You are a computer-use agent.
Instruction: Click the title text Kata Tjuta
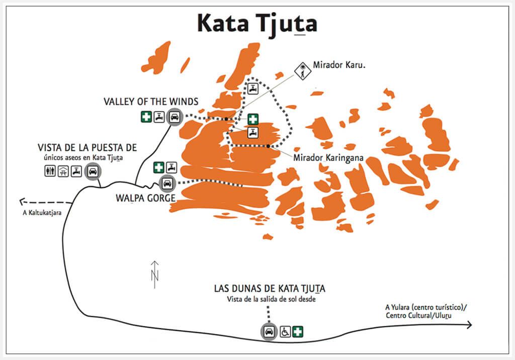pyautogui.click(x=256, y=23)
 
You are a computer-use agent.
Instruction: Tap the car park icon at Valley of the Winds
pyautogui.click(x=175, y=117)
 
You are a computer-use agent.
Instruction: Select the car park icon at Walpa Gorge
pyautogui.click(x=167, y=182)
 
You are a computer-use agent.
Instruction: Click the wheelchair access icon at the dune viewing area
pyautogui.click(x=285, y=331)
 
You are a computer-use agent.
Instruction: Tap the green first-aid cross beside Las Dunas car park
pyautogui.click(x=298, y=331)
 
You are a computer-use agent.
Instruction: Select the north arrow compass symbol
pyautogui.click(x=155, y=275)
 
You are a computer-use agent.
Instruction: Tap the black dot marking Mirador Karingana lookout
pyautogui.click(x=269, y=146)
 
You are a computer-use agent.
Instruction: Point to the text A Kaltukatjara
pyautogui.click(x=38, y=213)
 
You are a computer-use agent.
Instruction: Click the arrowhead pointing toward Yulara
pyautogui.click(x=469, y=325)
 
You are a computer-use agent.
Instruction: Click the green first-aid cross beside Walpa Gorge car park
pyautogui.click(x=158, y=167)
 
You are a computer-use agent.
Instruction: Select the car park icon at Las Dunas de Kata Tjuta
pyautogui.click(x=269, y=331)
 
